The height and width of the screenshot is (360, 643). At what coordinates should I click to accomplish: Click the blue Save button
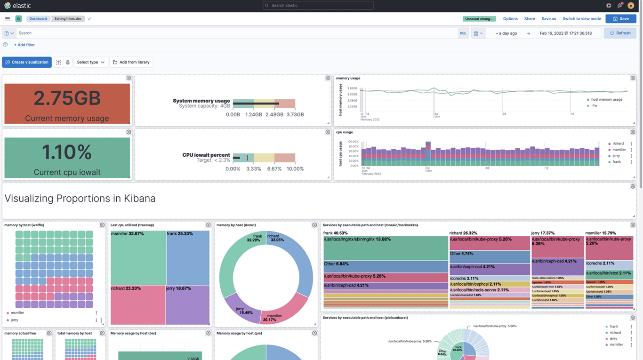coord(620,19)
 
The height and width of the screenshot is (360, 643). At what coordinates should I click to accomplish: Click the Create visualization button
coord(27,62)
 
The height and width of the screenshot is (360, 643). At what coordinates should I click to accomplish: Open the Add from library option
coord(131,62)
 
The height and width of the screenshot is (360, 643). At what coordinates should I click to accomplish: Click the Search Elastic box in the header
coord(318,6)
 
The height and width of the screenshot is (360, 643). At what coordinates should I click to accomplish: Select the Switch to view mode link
coord(581,19)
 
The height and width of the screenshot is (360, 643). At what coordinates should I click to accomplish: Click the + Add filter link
coord(24,45)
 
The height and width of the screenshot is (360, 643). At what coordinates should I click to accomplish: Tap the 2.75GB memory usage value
coord(67,98)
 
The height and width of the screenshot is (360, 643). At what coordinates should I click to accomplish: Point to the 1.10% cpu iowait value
coord(67,152)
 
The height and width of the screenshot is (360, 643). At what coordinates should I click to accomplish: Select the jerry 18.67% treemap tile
coord(188,305)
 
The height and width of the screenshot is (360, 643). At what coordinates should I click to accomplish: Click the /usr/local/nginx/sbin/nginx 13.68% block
coord(385,248)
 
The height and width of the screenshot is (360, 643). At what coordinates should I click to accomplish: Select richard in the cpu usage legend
coord(618,144)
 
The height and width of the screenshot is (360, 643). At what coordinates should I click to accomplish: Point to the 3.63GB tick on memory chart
coord(353,88)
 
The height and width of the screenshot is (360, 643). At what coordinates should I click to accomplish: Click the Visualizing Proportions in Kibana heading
coord(80,199)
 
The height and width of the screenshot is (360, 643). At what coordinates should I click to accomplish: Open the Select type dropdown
coord(90,62)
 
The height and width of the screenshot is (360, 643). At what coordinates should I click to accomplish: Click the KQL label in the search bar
coord(463,33)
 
